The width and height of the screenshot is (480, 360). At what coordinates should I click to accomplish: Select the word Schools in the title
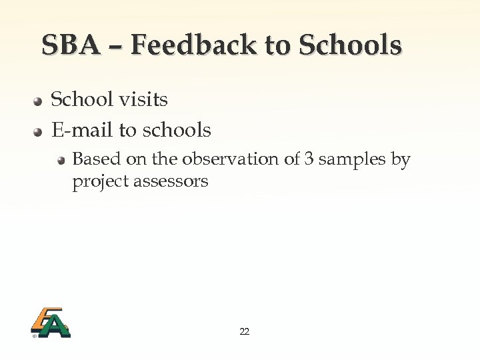coord(350,45)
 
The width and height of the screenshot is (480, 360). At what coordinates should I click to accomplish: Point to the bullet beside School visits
coord(39,101)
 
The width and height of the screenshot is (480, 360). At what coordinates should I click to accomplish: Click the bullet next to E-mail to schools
coord(39,131)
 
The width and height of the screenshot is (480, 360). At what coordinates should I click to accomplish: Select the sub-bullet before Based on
coord(61,161)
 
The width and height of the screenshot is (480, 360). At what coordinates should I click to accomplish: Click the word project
coord(101,181)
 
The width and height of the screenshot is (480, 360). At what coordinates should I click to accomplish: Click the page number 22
coord(244,331)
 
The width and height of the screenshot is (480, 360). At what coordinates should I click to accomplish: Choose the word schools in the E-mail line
coord(175,130)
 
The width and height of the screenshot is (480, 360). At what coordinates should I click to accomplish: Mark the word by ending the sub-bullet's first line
coord(401,160)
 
